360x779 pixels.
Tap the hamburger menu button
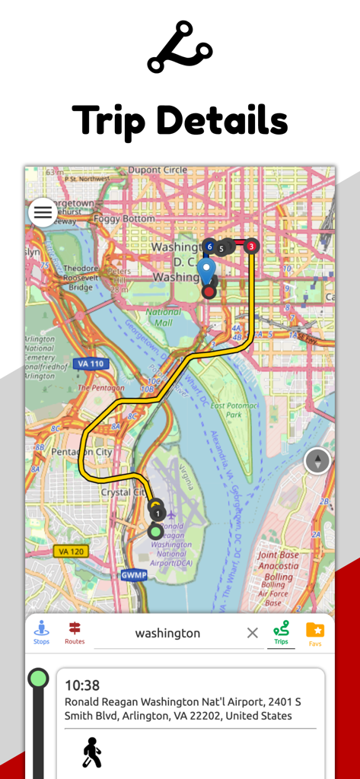[x=43, y=212]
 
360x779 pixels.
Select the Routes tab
[x=75, y=632]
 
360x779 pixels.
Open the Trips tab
[x=281, y=632]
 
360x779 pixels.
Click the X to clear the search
[x=253, y=633]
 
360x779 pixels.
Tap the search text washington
[x=167, y=633]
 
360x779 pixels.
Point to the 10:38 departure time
[x=82, y=685]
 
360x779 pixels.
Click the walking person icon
[x=92, y=752]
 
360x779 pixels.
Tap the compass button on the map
[x=317, y=461]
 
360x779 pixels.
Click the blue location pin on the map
[x=206, y=270]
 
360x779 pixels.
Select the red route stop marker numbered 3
[x=251, y=246]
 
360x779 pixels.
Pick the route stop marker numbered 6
[x=209, y=246]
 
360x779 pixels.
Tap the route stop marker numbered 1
[x=156, y=514]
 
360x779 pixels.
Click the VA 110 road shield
[x=91, y=364]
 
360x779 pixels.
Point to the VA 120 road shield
[x=70, y=551]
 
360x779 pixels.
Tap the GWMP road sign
[x=133, y=575]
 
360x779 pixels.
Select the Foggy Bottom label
[x=123, y=218]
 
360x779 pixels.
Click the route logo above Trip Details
[x=180, y=46]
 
